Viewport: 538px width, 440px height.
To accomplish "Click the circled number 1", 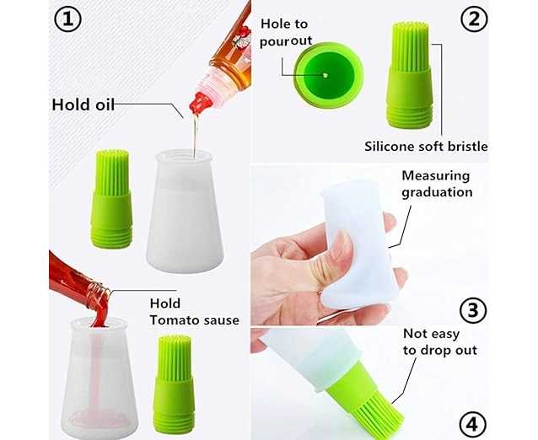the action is pos(67,19).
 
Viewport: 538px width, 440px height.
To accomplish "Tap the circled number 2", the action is pos(474,19).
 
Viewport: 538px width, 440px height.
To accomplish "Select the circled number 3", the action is pos(473,310).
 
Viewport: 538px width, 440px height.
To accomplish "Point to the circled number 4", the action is pos(472,425).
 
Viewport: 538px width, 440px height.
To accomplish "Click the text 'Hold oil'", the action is pos(83,105).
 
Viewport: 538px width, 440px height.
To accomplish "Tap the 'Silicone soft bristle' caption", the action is pos(426,147).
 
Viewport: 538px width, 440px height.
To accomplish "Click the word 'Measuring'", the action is pos(436,176).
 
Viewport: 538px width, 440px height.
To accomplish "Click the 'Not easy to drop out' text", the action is pos(440,342).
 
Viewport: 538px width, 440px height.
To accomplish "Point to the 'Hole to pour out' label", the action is pos(286,32).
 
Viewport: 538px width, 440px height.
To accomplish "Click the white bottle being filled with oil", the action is pos(185,211).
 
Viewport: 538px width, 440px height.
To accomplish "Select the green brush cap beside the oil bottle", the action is pos(111,199).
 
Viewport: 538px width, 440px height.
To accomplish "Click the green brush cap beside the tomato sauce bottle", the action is pos(174,384).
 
